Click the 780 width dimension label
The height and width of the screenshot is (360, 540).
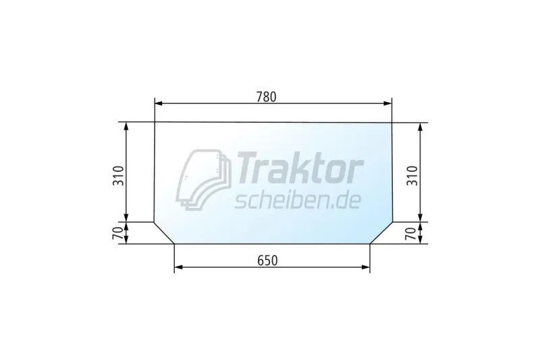tap(266, 97)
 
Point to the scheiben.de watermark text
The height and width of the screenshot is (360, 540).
tap(297, 199)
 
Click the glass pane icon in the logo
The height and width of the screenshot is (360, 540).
tap(203, 178)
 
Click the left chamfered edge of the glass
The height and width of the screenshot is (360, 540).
tap(164, 233)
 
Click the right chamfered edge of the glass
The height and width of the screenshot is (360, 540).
tap(381, 232)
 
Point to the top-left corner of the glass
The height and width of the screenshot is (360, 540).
tap(155, 122)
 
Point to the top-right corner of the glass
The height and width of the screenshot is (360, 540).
tap(392, 123)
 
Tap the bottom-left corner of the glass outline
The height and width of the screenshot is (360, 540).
tap(174, 244)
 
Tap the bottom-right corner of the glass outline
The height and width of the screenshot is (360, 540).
tap(371, 244)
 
